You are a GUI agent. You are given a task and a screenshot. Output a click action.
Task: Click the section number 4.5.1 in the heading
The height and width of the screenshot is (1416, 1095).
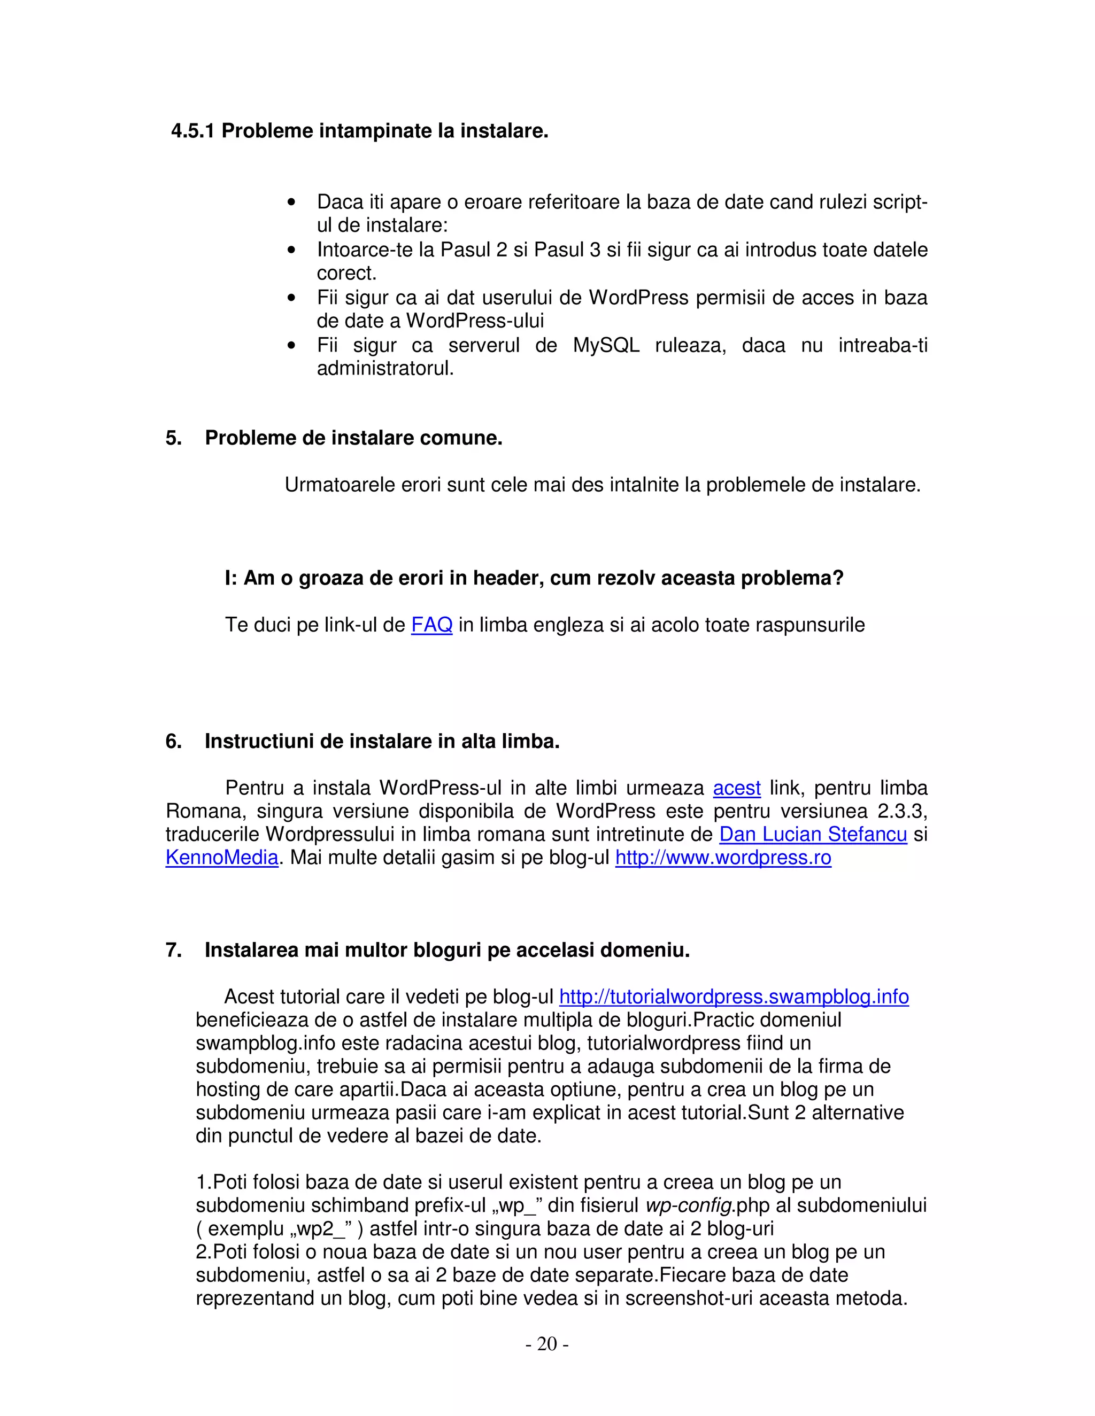(192, 131)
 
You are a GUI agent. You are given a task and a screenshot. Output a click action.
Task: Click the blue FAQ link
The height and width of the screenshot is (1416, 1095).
(431, 625)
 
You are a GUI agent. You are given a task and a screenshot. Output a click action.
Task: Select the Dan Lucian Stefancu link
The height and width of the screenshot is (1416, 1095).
(813, 835)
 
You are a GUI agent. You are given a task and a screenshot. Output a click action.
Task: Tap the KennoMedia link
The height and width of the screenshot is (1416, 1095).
(222, 858)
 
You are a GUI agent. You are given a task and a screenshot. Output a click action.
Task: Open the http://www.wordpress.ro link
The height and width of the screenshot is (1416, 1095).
(723, 858)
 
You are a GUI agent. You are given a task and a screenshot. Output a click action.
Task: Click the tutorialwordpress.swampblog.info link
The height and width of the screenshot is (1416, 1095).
(734, 997)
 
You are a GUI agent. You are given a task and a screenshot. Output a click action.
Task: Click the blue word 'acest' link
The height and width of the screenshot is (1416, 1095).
(736, 788)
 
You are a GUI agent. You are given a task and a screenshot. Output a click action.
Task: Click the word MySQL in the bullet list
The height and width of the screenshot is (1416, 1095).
(606, 345)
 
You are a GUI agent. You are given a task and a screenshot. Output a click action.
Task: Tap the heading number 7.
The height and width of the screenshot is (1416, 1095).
(173, 951)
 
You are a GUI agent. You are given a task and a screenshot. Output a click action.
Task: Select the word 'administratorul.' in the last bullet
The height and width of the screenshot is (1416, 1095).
(385, 369)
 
